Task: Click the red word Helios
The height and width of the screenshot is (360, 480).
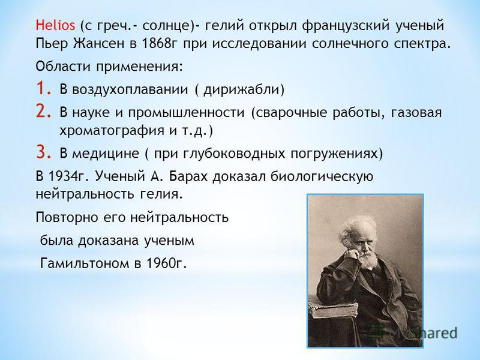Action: (55, 25)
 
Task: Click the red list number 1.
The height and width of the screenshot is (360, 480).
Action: (43, 88)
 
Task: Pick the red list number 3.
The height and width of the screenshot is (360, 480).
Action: (43, 152)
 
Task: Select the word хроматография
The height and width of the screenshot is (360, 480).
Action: (112, 131)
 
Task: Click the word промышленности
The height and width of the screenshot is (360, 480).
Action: (187, 113)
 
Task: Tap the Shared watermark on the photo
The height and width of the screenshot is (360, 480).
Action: (434, 333)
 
